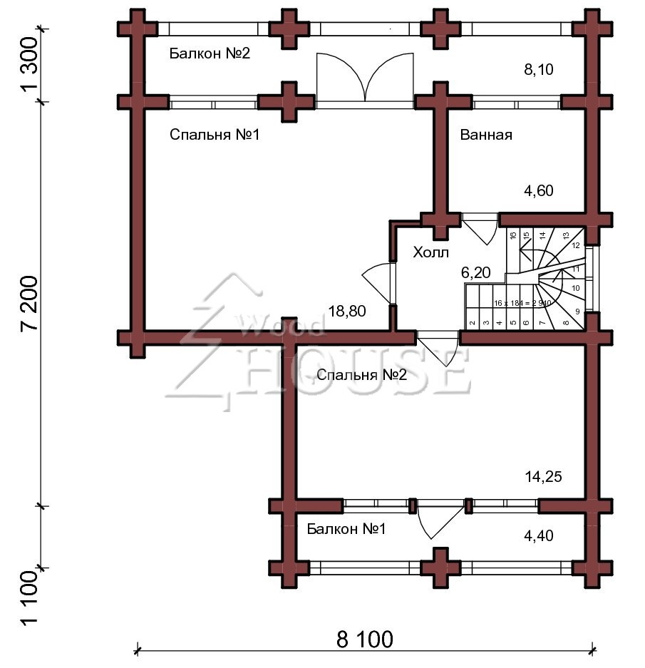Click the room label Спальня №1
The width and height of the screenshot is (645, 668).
[x=214, y=135]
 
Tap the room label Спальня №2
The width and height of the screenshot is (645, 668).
[x=361, y=375]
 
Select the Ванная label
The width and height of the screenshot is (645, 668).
[x=486, y=135]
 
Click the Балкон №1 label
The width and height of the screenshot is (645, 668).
[x=346, y=529]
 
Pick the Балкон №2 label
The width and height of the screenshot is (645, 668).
[x=210, y=53]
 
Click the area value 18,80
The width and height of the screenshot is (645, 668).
[x=347, y=311]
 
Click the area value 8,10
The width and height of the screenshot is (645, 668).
[x=537, y=69]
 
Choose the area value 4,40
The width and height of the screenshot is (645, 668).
[x=537, y=535]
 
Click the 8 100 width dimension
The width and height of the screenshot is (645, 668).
[x=364, y=639]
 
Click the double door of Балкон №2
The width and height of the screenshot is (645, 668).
[x=364, y=78]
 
